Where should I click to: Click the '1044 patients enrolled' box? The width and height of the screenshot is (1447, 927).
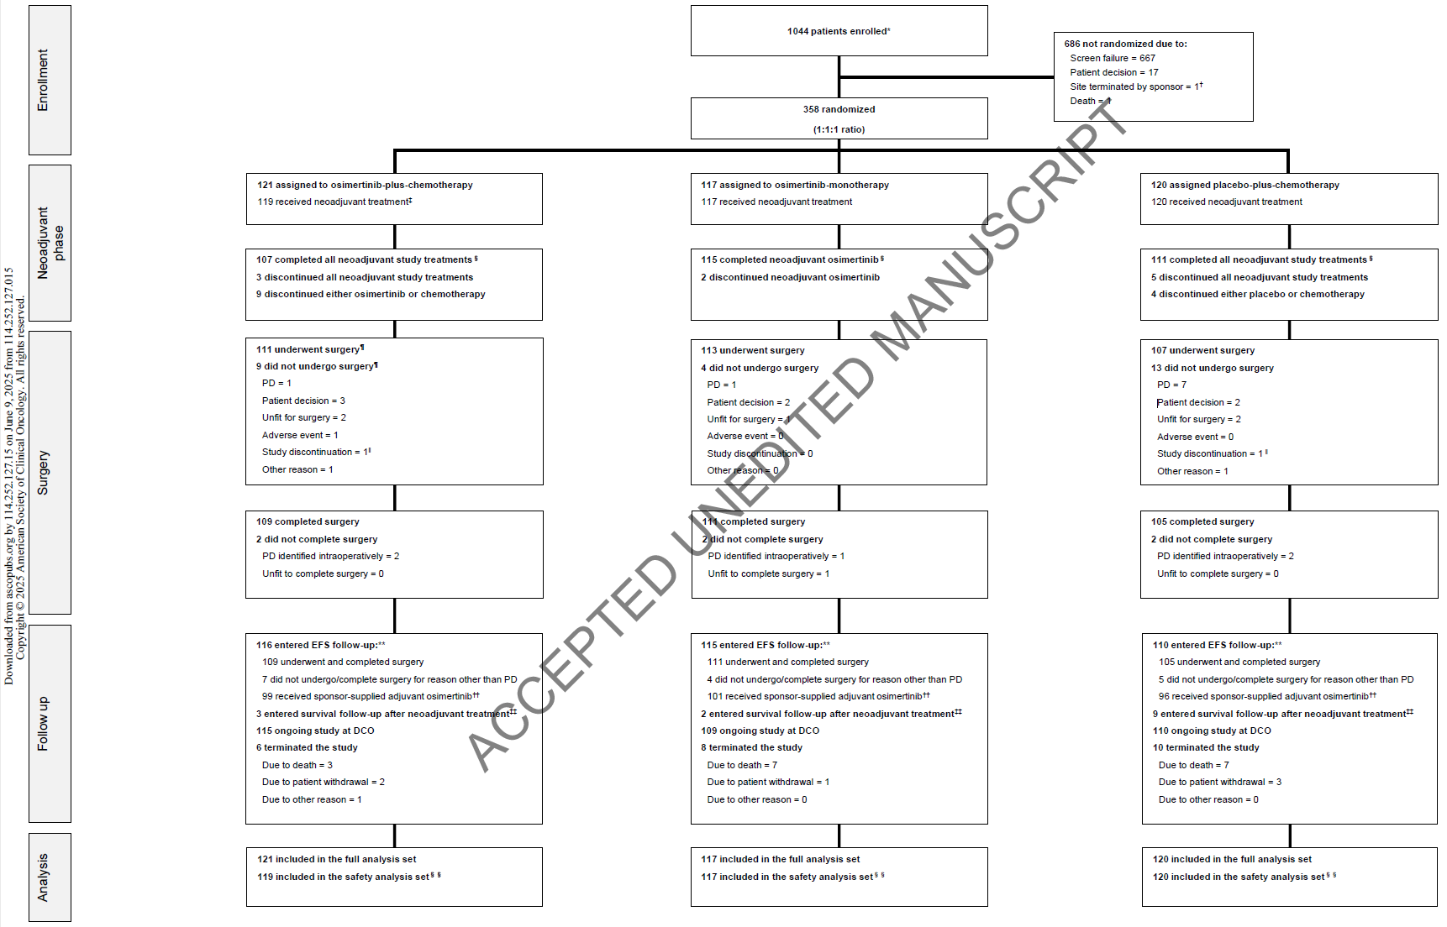click(839, 31)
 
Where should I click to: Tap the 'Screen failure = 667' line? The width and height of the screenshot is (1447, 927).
click(1112, 58)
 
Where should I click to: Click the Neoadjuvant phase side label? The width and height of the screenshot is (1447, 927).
click(50, 243)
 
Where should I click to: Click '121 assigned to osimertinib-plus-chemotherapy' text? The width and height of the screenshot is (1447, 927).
click(365, 185)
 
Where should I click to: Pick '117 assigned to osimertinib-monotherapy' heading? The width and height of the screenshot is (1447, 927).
click(794, 185)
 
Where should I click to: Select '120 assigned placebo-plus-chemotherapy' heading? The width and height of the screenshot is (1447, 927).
click(1244, 185)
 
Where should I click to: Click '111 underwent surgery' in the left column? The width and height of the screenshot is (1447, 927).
click(309, 349)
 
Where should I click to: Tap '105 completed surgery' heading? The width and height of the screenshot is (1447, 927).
click(1202, 521)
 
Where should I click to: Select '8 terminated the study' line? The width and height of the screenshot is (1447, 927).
click(751, 747)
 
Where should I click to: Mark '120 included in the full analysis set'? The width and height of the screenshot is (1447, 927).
click(1231, 859)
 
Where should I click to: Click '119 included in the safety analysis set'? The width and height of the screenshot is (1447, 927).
click(345, 877)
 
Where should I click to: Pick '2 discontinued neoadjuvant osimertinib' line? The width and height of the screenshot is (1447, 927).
click(790, 277)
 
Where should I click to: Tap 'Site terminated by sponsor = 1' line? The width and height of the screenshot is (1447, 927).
click(1134, 86)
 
